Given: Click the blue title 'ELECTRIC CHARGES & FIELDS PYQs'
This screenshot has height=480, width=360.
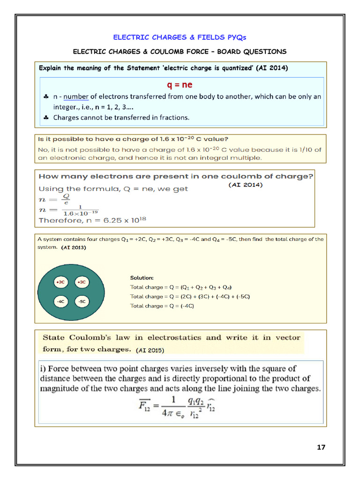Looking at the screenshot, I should coord(180,37).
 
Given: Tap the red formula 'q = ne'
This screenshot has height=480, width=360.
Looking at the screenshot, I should coord(180,85).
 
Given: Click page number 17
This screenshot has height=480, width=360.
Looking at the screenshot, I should coord(321,447).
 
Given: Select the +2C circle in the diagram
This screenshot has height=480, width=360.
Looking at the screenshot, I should coord(60,282).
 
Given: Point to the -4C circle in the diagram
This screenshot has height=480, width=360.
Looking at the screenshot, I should coord(60,301).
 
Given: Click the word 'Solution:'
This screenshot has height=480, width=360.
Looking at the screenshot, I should coord(142,278).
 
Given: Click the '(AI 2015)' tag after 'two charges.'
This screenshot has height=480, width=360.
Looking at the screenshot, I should coord(150,350).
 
